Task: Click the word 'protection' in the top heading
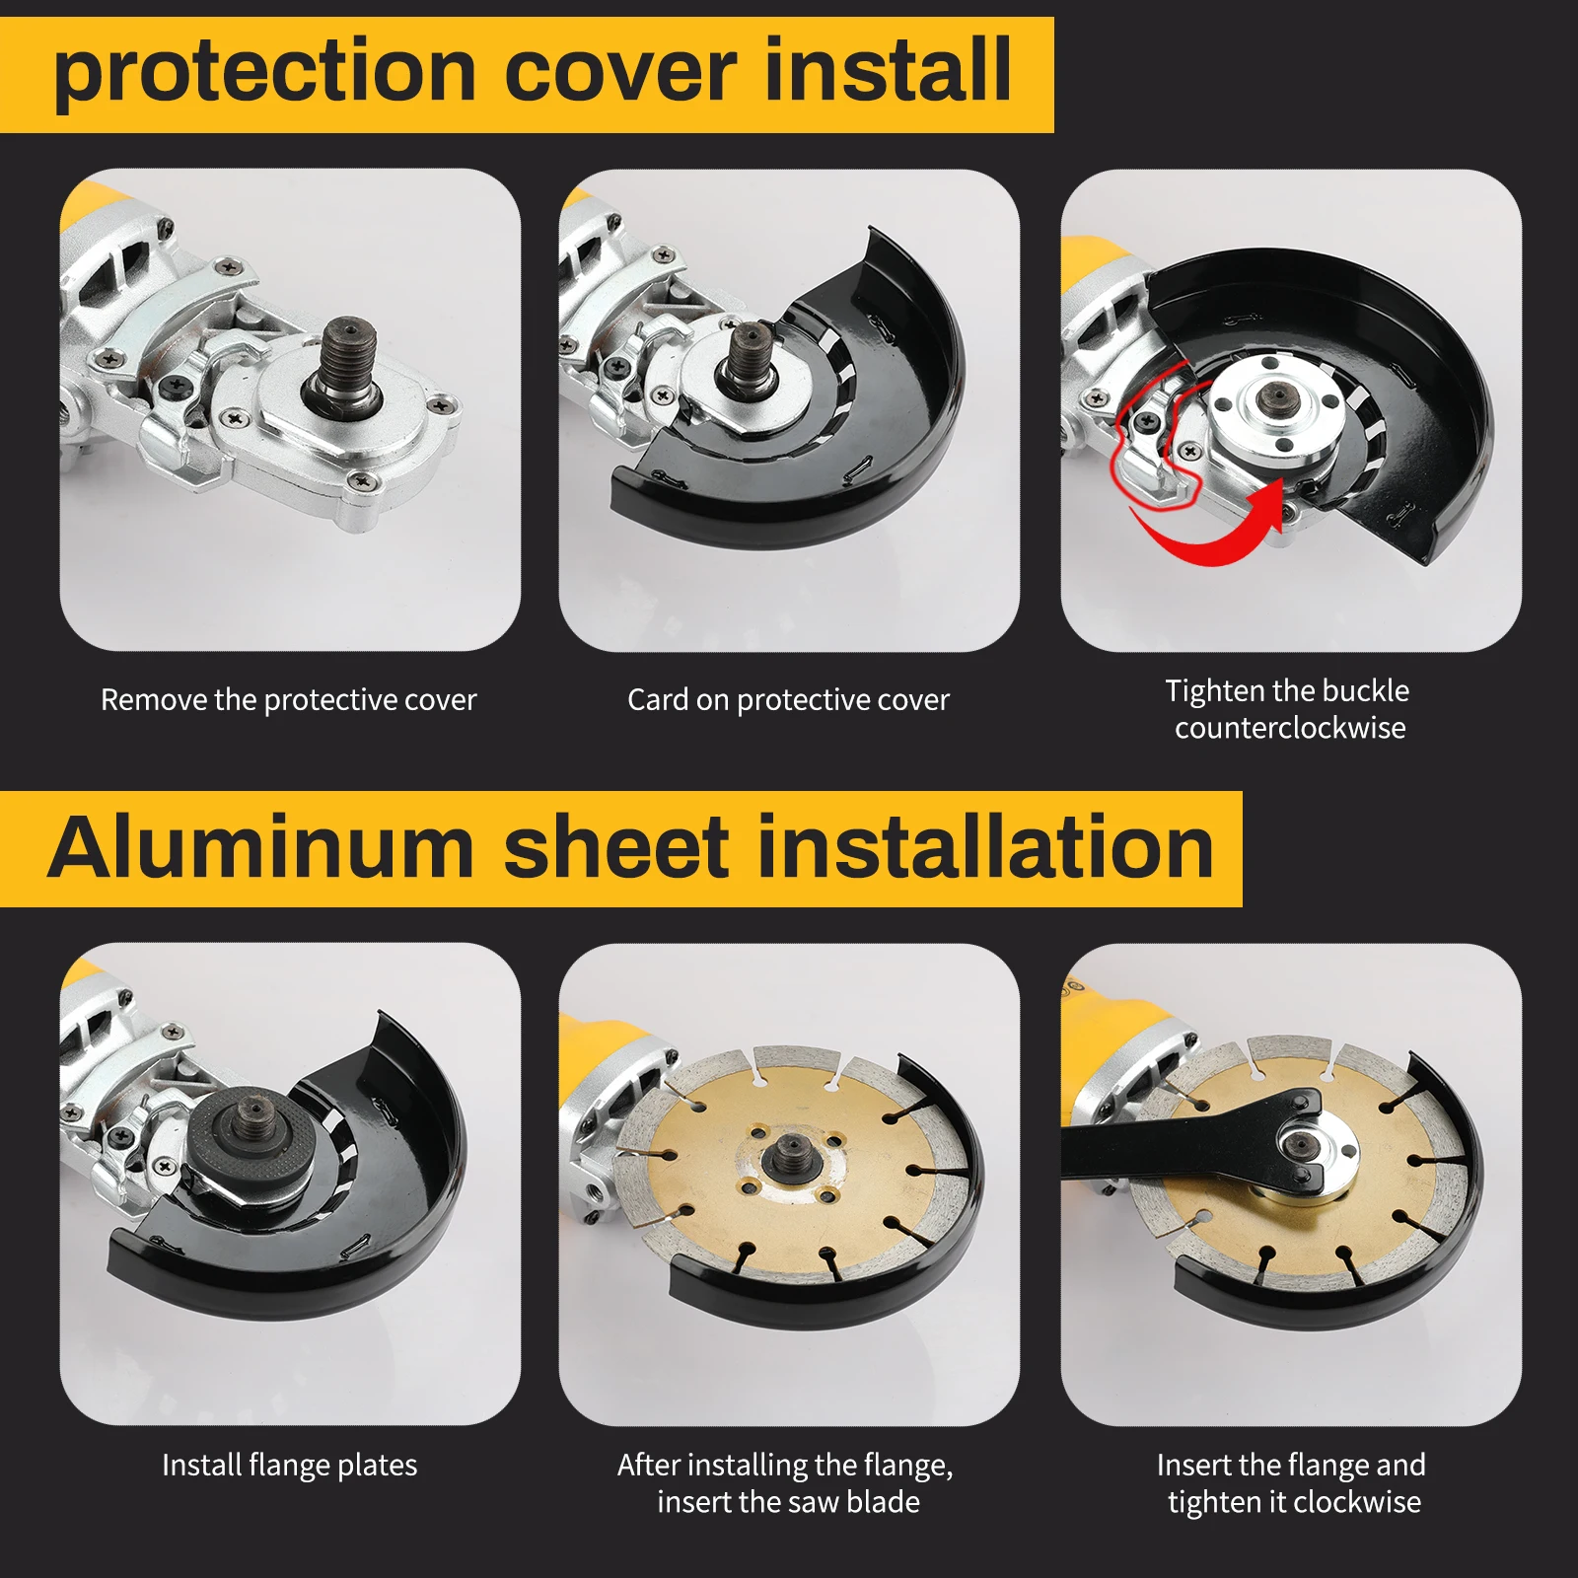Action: click(x=264, y=73)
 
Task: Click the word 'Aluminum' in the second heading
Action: click(x=261, y=849)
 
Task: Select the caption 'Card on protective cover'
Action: click(x=788, y=700)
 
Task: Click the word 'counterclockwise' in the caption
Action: click(x=1290, y=729)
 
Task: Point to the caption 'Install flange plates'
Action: click(x=289, y=1466)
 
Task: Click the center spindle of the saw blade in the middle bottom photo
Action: click(x=790, y=1151)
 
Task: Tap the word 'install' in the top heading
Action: click(x=888, y=73)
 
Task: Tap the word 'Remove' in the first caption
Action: click(x=154, y=700)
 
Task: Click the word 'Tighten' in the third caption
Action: click(x=1214, y=691)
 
